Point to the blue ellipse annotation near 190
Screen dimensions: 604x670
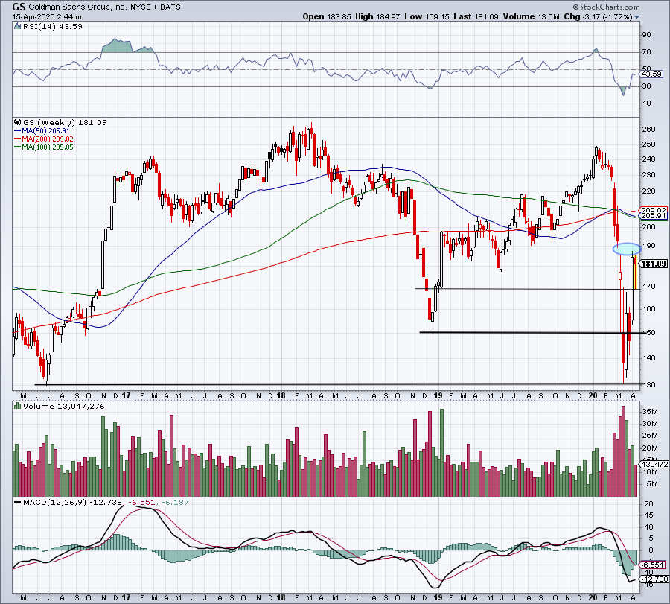pos(626,247)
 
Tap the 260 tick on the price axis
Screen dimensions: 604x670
pos(648,130)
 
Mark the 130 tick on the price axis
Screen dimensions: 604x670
pos(648,384)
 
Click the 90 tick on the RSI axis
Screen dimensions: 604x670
pos(646,34)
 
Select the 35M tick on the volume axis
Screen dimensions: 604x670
pos(649,411)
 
